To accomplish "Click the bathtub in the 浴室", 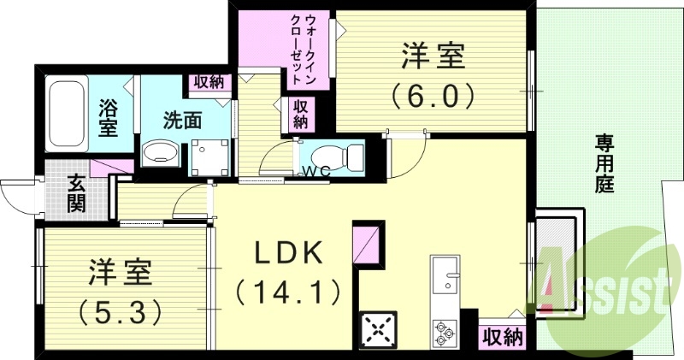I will [65, 114].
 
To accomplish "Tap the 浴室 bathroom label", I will [109, 118].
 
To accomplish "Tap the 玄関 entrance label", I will [76, 192].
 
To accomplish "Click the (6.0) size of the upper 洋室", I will [433, 94].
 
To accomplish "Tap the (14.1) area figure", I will [289, 292].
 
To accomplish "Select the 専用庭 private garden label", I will [604, 162].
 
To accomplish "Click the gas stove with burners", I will [376, 329].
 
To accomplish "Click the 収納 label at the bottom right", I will [502, 337].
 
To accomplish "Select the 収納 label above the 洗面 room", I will [209, 83].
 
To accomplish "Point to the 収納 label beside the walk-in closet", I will [301, 114].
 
